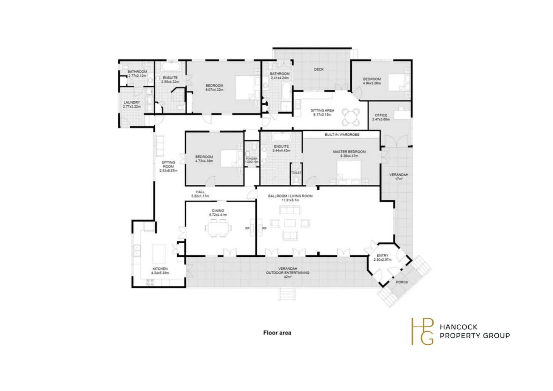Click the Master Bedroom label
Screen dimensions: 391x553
tap(349, 152)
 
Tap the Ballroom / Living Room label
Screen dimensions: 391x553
tap(290, 196)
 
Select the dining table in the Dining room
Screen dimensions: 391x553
tap(218, 228)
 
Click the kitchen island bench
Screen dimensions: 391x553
tap(159, 254)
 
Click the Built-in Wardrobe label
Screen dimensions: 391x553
tap(342, 135)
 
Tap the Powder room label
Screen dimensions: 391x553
tap(252, 159)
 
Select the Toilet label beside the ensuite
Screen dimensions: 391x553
tap(296, 173)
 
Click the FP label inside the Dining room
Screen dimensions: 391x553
tap(248, 228)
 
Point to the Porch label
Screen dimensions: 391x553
tap(402, 282)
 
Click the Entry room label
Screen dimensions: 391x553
tap(383, 256)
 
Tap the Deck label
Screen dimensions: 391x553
tap(319, 69)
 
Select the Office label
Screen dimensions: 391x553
tap(381, 115)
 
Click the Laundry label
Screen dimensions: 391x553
tap(132, 102)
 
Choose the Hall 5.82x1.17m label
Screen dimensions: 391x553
tap(200, 194)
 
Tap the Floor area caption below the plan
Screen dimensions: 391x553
tap(277, 333)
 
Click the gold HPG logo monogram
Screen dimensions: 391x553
tap(422, 331)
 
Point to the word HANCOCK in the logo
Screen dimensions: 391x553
tap(459, 327)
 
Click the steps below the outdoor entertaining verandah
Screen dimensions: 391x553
tap(287, 294)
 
